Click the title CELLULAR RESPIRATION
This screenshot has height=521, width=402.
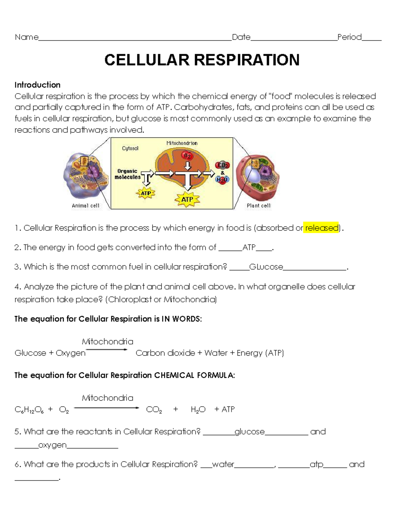(202, 60)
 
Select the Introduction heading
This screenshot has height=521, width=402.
(37, 85)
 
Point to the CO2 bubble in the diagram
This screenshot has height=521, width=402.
(223, 165)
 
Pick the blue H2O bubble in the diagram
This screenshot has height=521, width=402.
(222, 179)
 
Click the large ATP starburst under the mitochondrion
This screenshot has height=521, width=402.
(187, 199)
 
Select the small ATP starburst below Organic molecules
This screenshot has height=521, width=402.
(146, 193)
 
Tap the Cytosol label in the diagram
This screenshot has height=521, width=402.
(130, 148)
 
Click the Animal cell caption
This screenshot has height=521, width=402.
(85, 206)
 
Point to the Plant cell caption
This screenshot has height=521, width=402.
(258, 206)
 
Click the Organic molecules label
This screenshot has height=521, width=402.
(127, 174)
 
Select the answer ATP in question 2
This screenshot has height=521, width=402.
(249, 248)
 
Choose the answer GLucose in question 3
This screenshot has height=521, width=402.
(266, 267)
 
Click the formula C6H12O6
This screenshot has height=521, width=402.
(29, 410)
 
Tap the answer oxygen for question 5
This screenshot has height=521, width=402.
(52, 445)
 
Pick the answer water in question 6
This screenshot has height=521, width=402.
(223, 465)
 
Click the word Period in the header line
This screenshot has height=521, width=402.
(349, 37)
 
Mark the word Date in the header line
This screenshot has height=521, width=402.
(241, 37)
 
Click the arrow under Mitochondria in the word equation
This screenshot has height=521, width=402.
(107, 350)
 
